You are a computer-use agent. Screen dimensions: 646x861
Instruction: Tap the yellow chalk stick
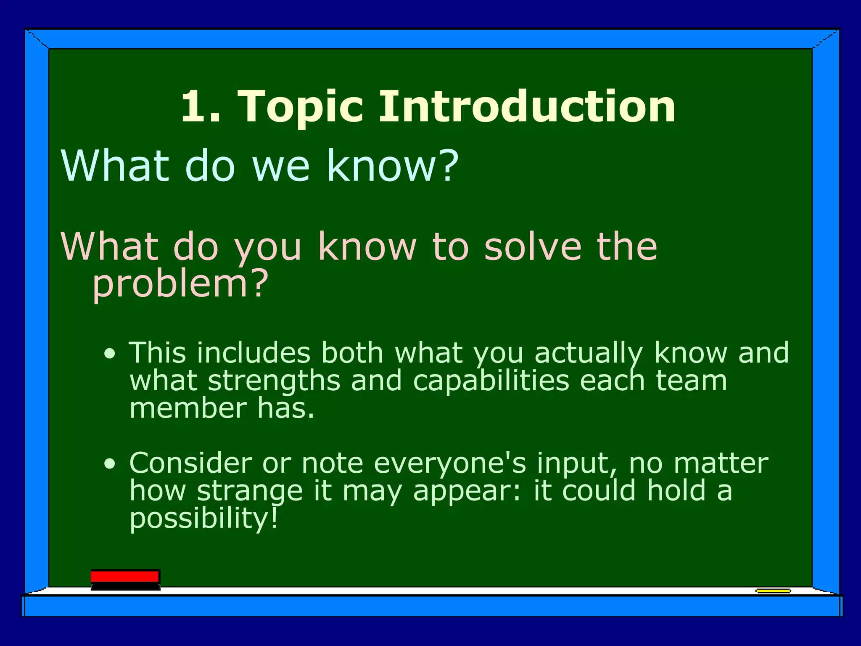773,591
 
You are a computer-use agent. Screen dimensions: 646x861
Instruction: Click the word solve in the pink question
533,247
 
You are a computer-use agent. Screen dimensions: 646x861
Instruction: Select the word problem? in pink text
180,284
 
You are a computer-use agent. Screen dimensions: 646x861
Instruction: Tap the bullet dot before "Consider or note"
110,464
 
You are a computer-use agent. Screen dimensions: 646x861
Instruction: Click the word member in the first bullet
188,408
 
